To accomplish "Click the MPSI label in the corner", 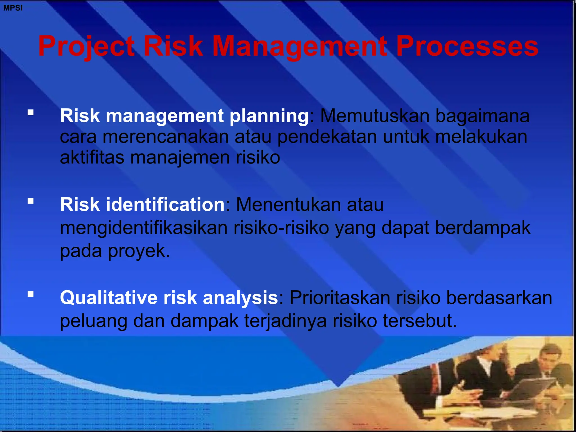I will (x=13, y=8).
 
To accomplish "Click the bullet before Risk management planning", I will (x=31, y=113).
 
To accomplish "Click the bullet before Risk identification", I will (x=31, y=201).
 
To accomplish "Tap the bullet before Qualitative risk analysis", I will (x=31, y=294).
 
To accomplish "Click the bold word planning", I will (x=269, y=116).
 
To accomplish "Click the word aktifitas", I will (x=92, y=157).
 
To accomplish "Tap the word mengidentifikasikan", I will (x=143, y=228).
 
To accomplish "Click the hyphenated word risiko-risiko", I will (x=281, y=228).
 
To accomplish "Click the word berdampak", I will (x=483, y=228).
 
